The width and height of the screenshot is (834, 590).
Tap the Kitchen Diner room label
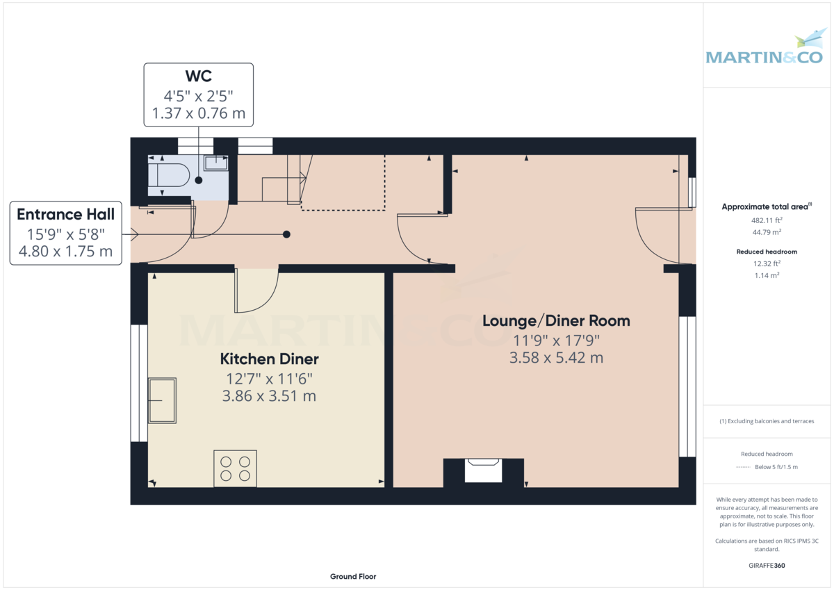(269, 359)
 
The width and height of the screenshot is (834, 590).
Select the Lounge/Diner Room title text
(556, 320)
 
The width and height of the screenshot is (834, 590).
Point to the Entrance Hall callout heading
(65, 214)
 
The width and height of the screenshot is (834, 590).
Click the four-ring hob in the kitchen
(235, 468)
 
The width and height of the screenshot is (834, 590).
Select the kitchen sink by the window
(163, 400)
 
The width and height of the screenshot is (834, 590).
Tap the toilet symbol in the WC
(169, 175)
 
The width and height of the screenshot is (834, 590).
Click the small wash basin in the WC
(216, 163)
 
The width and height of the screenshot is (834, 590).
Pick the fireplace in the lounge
(483, 470)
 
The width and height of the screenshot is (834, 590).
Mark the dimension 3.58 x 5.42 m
(556, 359)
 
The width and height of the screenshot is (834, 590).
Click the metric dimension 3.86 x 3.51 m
(269, 396)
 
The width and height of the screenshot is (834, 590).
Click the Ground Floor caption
(353, 577)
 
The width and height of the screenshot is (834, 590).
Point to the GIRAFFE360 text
(767, 566)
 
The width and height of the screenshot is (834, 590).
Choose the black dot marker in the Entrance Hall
(286, 234)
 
